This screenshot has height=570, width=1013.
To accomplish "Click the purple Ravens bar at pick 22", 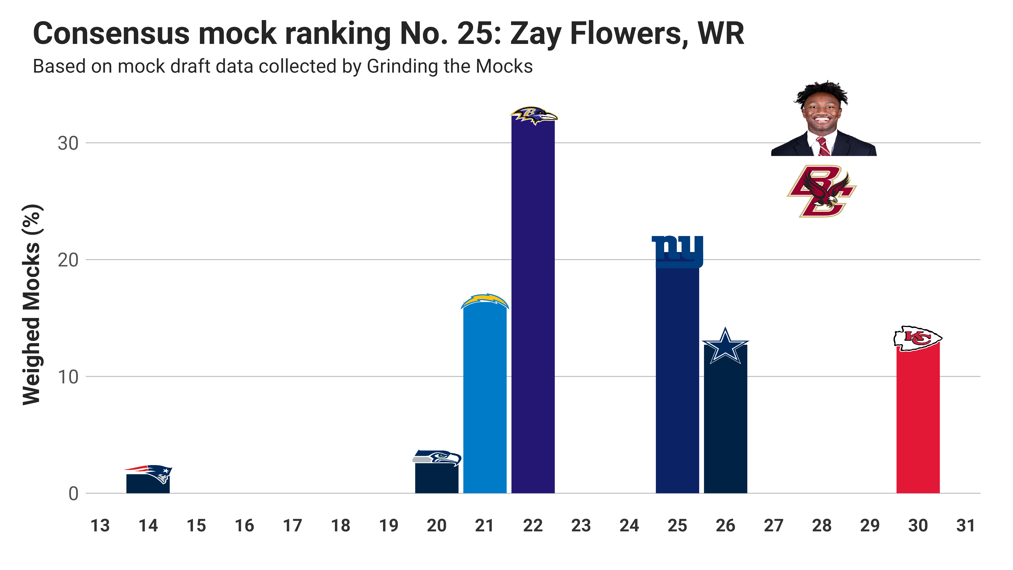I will coord(533,307).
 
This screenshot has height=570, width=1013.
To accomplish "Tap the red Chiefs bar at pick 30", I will coord(918,421).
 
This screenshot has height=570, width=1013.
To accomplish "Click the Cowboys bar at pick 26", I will coord(725,425).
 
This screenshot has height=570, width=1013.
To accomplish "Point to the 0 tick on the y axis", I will coord(73,494).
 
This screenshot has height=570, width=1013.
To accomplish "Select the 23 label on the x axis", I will coord(581,525).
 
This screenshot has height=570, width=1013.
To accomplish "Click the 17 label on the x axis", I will coord(292,525).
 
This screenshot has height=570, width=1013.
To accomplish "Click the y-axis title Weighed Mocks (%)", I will coord(31,305).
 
